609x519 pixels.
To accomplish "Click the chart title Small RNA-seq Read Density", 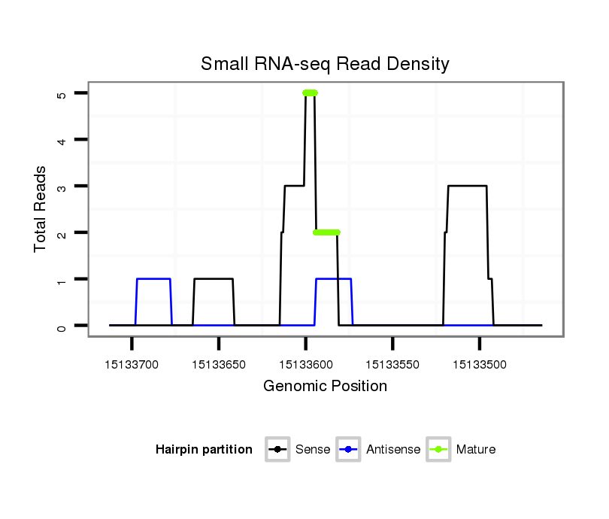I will click(325, 64).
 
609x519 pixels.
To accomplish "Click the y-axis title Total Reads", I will click(41, 209).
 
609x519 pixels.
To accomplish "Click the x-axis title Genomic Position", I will click(325, 387).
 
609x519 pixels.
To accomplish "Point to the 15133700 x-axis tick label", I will click(132, 365).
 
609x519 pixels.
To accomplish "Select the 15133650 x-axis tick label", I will click(218, 365).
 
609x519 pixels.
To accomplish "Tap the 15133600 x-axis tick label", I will click(305, 365).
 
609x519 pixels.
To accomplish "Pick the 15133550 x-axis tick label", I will click(392, 365).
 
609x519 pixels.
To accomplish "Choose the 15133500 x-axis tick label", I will click(479, 365).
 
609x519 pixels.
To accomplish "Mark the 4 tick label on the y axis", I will click(61, 140).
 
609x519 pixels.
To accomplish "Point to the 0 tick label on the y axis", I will click(61, 326).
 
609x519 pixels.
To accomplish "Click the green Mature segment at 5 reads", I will click(310, 93).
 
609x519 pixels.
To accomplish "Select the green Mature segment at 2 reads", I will click(326, 232).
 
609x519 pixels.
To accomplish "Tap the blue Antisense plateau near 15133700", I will click(153, 279).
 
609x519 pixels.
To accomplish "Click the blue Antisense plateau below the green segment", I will click(334, 279).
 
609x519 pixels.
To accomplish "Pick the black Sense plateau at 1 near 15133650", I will click(214, 279).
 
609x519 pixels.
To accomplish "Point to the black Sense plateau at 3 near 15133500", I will click(467, 186).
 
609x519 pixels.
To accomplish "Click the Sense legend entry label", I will click(313, 450).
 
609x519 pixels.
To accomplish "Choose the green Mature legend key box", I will click(438, 450).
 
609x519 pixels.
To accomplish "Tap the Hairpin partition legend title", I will click(204, 450).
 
